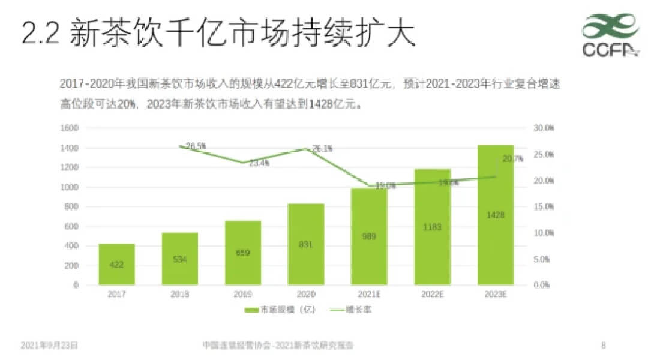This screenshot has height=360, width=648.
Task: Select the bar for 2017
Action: pyautogui.click(x=116, y=264)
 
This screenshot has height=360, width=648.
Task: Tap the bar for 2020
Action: pyautogui.click(x=305, y=244)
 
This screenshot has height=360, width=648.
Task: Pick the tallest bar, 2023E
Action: pyautogui.click(x=496, y=215)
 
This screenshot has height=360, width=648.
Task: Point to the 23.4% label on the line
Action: pyautogui.click(x=259, y=163)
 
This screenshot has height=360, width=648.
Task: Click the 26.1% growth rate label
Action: pyautogui.click(x=322, y=148)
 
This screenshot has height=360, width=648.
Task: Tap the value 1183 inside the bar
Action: pyautogui.click(x=432, y=227)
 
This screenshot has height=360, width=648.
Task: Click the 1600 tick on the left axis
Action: pyautogui.click(x=70, y=128)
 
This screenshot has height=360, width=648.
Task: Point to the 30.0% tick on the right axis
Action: pyautogui.click(x=544, y=128)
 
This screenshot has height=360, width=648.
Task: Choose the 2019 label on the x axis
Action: pyautogui.click(x=243, y=294)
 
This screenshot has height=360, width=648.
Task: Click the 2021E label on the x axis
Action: pyautogui.click(x=369, y=294)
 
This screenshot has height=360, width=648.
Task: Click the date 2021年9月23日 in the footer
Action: pyautogui.click(x=49, y=345)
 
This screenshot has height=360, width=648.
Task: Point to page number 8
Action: pyautogui.click(x=603, y=345)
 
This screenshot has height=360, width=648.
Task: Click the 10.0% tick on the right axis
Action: pyautogui.click(x=544, y=233)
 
